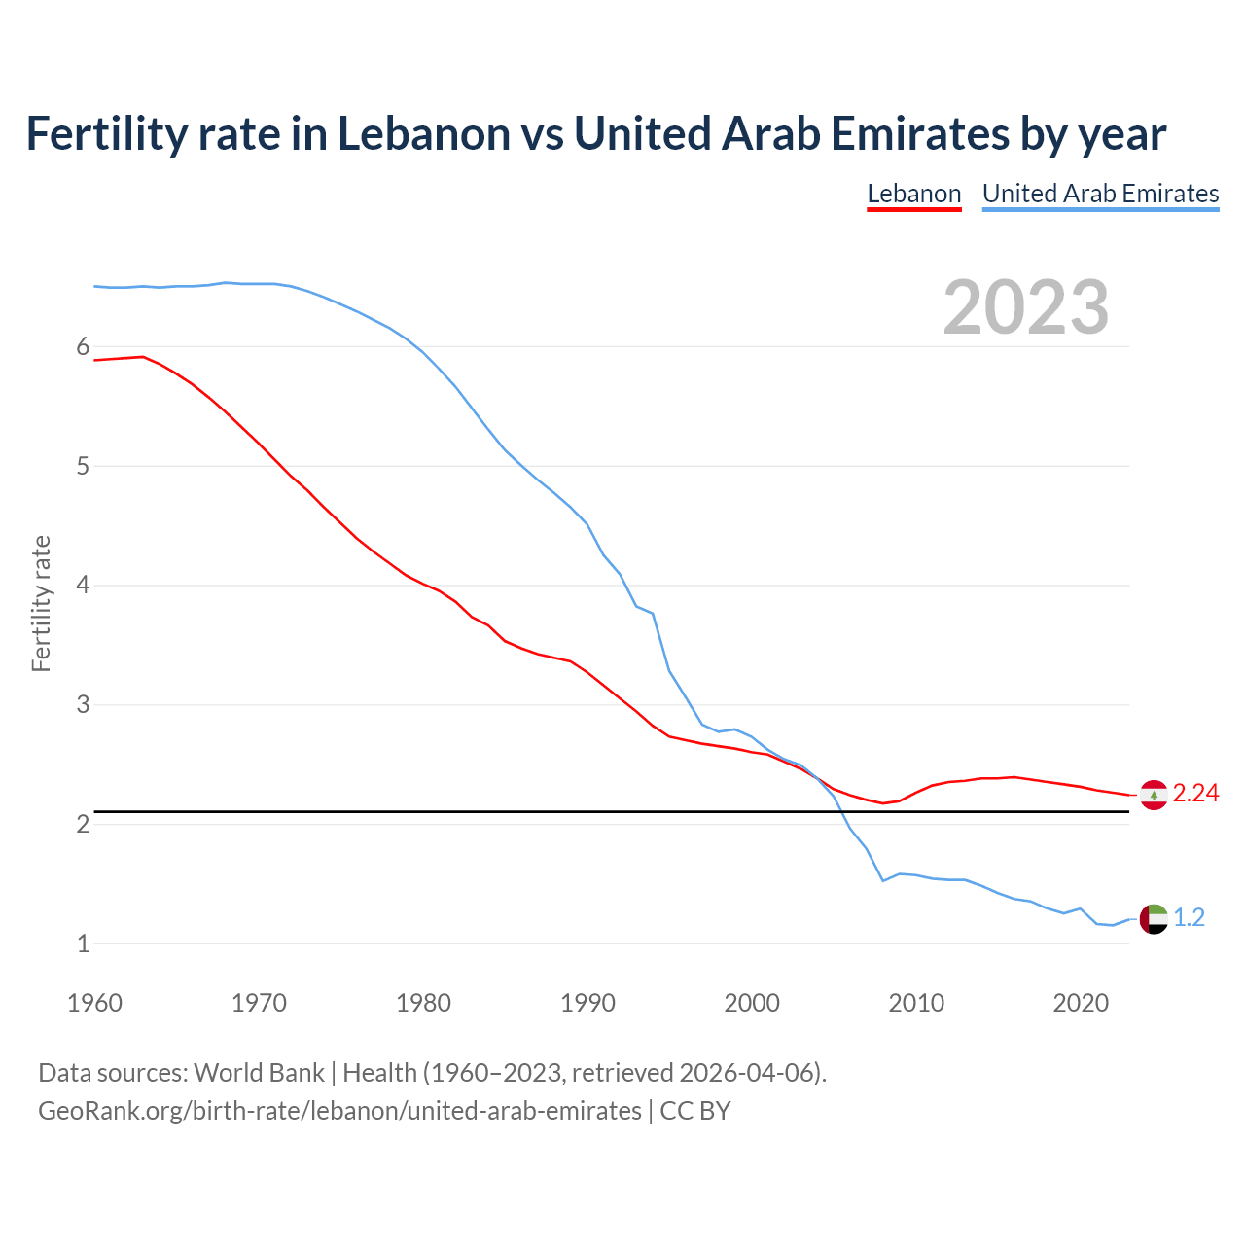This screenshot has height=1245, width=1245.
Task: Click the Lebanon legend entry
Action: (x=913, y=194)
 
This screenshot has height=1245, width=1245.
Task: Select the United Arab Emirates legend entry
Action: (x=1100, y=194)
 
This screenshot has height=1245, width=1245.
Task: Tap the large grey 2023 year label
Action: (x=1025, y=307)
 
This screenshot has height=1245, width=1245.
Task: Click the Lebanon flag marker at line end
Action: (x=1153, y=795)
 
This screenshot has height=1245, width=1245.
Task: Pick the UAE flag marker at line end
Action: (x=1153, y=918)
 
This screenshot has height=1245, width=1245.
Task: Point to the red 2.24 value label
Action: (x=1195, y=794)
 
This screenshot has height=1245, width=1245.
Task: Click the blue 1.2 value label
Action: (x=1189, y=917)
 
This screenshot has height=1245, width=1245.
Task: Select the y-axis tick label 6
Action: (x=83, y=347)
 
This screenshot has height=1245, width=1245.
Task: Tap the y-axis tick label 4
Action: (x=83, y=586)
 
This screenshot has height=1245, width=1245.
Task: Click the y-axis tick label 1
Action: (x=83, y=943)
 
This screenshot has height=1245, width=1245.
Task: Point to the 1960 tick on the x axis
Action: (x=94, y=1003)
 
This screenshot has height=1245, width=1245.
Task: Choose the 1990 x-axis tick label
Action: (x=587, y=1003)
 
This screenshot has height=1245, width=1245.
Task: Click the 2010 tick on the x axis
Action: (x=916, y=1003)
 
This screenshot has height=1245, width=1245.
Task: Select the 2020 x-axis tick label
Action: (x=1081, y=1003)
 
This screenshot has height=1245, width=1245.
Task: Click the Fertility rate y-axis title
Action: (x=41, y=603)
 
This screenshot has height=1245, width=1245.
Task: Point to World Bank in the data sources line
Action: (x=259, y=1073)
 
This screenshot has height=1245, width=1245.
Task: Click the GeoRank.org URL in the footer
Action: (x=339, y=1111)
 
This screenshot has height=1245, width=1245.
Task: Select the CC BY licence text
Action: (x=695, y=1111)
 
